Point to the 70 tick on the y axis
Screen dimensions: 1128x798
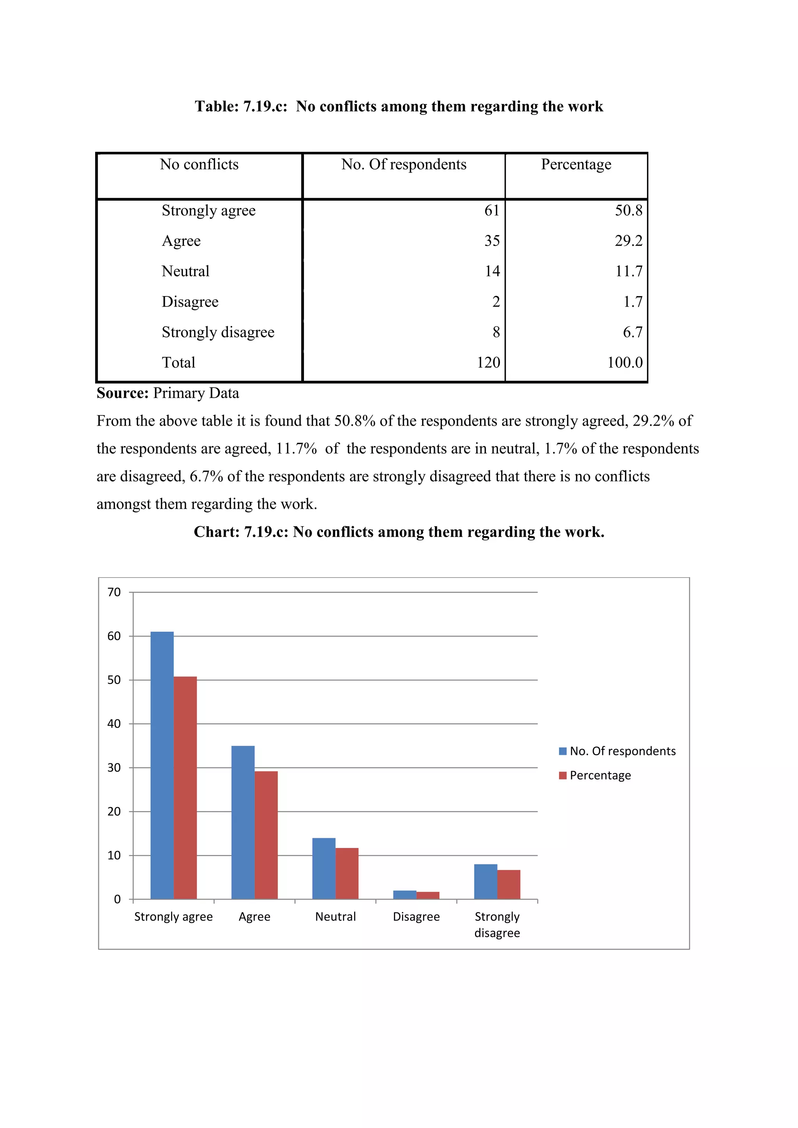(114, 592)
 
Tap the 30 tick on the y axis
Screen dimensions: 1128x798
(114, 767)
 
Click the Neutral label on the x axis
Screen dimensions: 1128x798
(335, 917)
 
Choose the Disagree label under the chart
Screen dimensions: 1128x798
(416, 917)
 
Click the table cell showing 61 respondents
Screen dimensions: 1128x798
(491, 210)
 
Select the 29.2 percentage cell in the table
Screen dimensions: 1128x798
(628, 241)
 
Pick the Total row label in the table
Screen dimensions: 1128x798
(178, 363)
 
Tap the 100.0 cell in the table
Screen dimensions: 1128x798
(625, 363)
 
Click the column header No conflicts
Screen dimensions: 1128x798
(199, 164)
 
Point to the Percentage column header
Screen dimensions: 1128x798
(576, 164)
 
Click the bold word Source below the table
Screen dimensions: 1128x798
(122, 393)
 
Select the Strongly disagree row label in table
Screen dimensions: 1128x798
(218, 332)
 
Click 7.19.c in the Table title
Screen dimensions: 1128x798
(265, 106)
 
